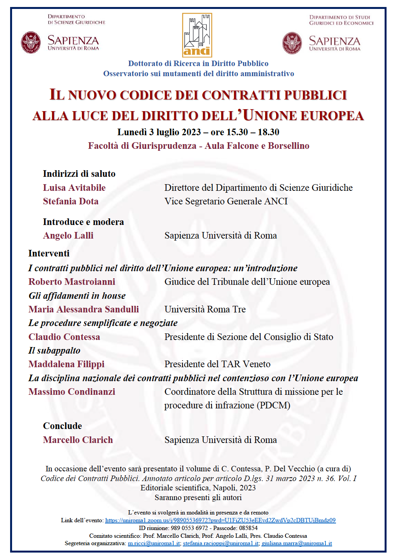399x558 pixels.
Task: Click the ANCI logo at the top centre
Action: coord(197,35)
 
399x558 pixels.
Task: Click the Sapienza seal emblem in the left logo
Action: coord(31,42)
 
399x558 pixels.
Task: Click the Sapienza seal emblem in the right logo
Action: coord(292,43)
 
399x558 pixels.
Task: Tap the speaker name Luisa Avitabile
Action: coord(74,188)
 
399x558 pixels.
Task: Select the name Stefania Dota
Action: coord(71,201)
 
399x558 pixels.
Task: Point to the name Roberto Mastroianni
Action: coord(72,282)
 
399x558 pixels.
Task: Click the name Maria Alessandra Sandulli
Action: coord(84,309)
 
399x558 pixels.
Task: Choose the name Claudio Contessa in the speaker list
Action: coord(64,337)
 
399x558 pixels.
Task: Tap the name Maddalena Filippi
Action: coord(66,364)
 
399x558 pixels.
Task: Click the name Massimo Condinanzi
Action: coord(72,392)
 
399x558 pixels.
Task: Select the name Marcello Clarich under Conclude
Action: coord(78,440)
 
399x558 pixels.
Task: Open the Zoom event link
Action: coord(220,520)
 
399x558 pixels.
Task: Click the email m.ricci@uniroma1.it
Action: coord(154,543)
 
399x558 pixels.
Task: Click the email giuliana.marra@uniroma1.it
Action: coord(297,543)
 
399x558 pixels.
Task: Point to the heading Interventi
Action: coord(49,253)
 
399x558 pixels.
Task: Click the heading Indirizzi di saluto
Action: coord(79,174)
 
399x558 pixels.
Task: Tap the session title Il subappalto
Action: coord(54,350)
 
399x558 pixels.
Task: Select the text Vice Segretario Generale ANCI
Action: coord(226,201)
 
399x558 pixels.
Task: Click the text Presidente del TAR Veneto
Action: coord(217,364)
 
